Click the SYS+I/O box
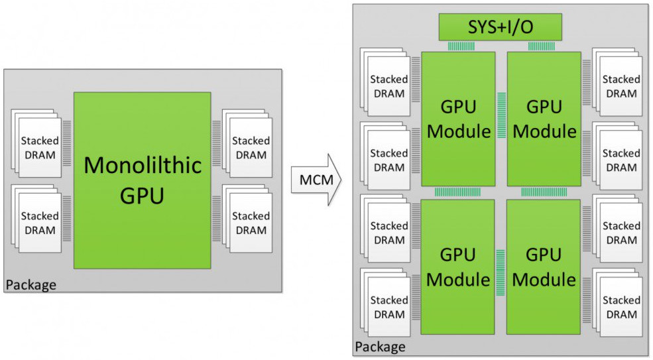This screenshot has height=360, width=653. pos(500,27)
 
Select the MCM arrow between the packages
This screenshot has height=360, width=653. pos(316,180)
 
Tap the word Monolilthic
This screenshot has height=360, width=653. pos(143,165)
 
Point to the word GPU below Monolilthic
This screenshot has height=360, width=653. pos(142,196)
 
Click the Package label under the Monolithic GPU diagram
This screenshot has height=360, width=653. pos(30,285)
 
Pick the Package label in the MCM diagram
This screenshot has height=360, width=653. pos(380,347)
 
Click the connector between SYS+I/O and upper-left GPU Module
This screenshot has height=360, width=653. pos(461,46)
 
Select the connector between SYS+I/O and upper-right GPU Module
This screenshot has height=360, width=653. pos(542,46)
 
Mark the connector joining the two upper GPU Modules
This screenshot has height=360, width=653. pos(501,115)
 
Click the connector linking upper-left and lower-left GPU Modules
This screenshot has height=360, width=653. pos(457,192)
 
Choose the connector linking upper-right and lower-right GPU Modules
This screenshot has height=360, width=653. pos(544,192)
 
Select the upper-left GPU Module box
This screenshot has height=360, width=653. pos(458,119)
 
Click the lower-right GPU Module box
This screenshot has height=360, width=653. pos(544,267)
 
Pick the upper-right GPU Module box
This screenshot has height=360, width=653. pos(544,119)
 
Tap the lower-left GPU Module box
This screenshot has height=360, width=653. pos(457,267)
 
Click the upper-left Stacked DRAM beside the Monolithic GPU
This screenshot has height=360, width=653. pos(36,143)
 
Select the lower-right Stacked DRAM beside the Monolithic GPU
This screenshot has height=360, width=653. pos(247,218)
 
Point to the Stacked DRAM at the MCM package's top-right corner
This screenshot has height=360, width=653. pos(617,82)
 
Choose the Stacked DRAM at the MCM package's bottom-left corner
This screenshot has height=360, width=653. pos(385,302)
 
